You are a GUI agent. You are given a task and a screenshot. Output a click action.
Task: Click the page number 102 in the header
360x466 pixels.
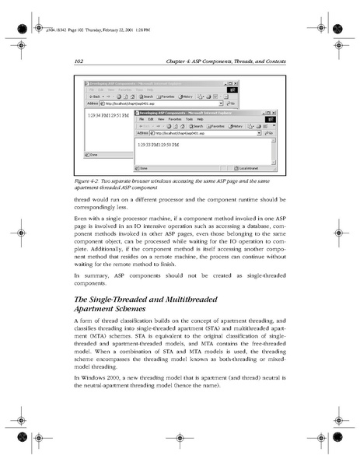click(x=79, y=61)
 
